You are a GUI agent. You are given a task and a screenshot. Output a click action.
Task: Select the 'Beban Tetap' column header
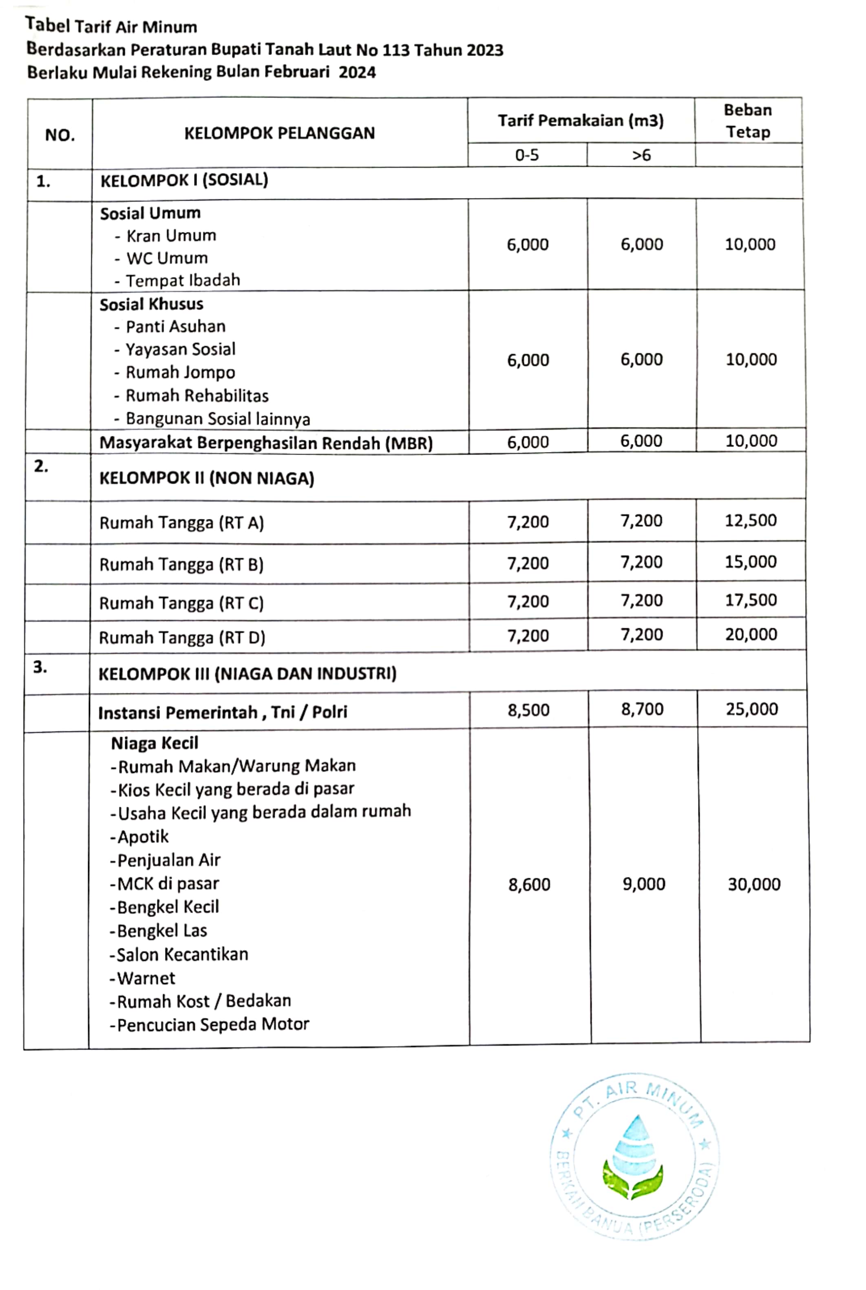748,121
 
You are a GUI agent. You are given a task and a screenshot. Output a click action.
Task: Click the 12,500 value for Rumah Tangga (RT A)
751,520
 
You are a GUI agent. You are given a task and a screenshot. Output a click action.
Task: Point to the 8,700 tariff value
642,709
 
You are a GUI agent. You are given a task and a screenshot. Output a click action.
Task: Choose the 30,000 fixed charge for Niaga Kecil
754,884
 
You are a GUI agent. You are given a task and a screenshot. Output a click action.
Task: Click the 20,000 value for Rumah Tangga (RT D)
751,634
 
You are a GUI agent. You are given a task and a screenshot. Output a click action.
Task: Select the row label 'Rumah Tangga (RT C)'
181,603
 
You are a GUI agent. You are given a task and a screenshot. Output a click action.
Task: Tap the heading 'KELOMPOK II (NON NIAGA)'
207,478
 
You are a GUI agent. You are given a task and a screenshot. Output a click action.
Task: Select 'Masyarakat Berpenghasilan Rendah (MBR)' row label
266,443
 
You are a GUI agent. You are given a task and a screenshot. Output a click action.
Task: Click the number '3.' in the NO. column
40,667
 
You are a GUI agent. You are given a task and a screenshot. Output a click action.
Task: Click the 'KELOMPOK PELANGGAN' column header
279,133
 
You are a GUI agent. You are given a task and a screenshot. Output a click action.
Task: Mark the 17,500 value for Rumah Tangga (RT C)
751,600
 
